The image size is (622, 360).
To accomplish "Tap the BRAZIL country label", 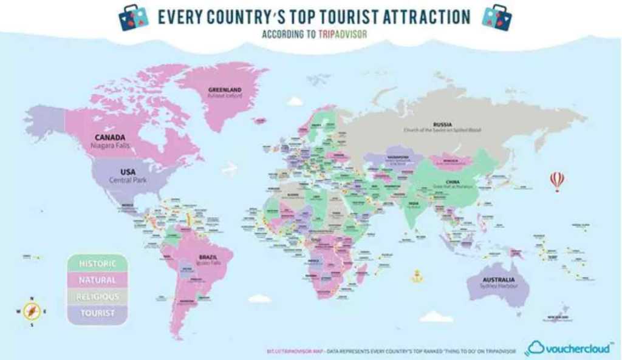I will coord(208,257).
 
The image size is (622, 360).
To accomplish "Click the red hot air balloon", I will coord(556,181).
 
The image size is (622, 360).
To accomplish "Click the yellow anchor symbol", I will coord(416,277).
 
